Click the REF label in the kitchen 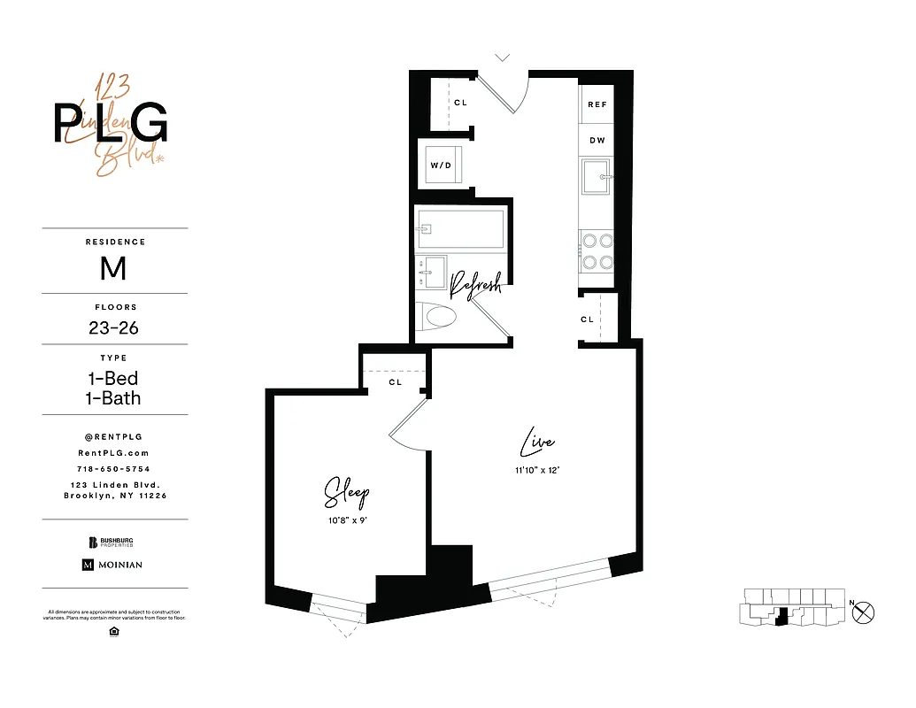tap(597, 104)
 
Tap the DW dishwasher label tap(597, 140)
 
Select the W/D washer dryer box tap(440, 165)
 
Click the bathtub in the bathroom tap(460, 229)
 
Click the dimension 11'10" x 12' tap(537, 470)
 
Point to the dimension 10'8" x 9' tap(346, 520)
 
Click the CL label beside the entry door tap(460, 103)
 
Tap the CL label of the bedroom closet tap(395, 382)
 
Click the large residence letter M tap(113, 267)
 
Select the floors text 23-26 tap(113, 327)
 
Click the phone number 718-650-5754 tap(114, 468)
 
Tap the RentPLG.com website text tap(114, 452)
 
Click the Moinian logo tap(112, 565)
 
